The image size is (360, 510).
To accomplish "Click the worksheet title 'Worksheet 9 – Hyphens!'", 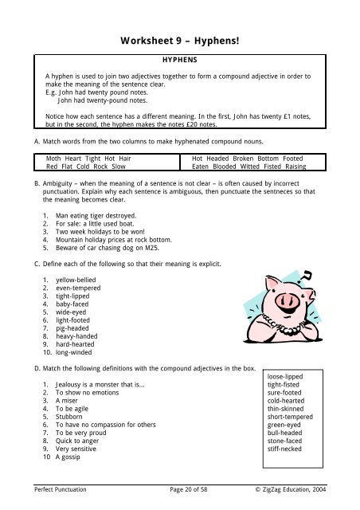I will (x=180, y=39).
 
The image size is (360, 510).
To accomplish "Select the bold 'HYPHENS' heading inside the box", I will (x=180, y=60).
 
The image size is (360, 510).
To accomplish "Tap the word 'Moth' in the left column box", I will (x=55, y=159).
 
